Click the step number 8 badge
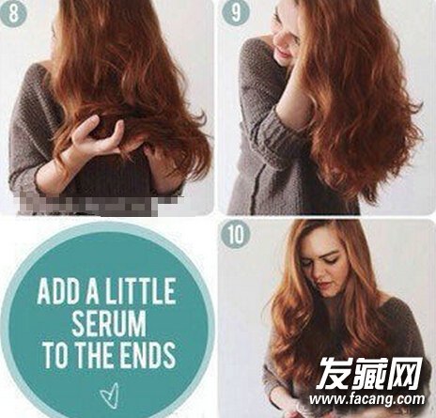point(12,12)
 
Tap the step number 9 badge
point(236,13)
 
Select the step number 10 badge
point(236,234)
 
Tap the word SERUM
point(109,323)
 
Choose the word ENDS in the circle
point(148,354)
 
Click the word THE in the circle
point(95,354)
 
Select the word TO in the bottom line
point(55,354)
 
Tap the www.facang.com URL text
point(367,399)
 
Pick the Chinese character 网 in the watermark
point(406,373)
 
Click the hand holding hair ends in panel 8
point(98,135)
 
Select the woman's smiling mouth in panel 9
point(283,51)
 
